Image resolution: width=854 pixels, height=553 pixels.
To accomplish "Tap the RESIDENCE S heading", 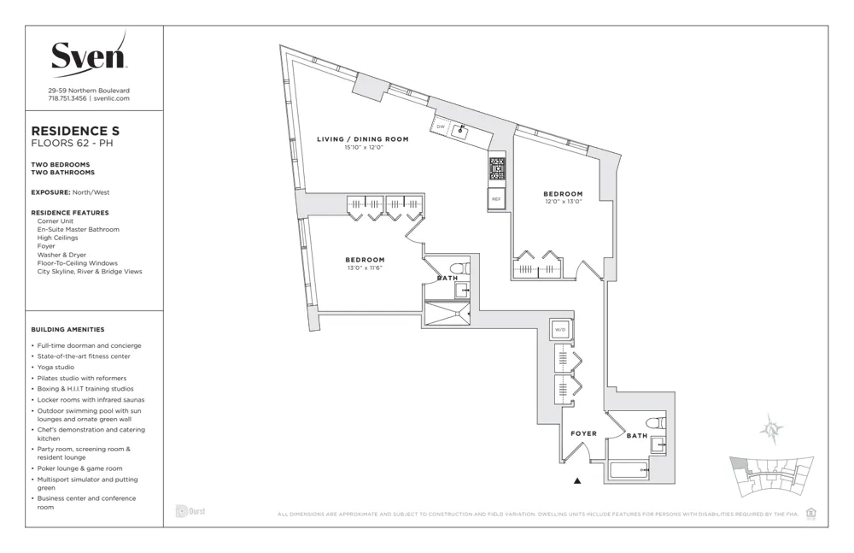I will point(75,130).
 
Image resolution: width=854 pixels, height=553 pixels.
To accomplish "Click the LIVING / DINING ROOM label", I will point(362,138).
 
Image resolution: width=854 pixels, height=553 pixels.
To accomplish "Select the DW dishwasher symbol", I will point(441,126).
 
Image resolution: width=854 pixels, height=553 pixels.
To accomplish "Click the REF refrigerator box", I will point(495,199).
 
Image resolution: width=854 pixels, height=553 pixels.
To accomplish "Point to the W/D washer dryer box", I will point(560,329).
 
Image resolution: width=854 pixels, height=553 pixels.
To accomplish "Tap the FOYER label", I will point(583,433).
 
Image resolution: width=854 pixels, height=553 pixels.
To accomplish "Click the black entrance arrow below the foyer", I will point(578,481).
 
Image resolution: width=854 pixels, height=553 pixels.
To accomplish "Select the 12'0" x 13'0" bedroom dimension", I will point(563,202).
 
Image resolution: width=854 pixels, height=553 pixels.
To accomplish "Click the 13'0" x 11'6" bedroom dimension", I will point(365,268).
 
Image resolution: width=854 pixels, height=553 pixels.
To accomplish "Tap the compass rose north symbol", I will point(772,430).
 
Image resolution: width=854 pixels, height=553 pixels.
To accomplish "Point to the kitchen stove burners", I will point(496,167).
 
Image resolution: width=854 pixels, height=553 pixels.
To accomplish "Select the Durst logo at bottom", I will point(190,511).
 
